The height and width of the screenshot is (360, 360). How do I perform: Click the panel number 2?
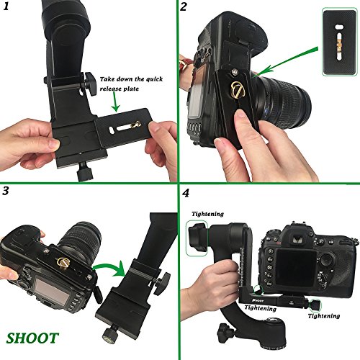coord(184,9)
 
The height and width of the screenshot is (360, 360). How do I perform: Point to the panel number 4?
coord(186,193)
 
